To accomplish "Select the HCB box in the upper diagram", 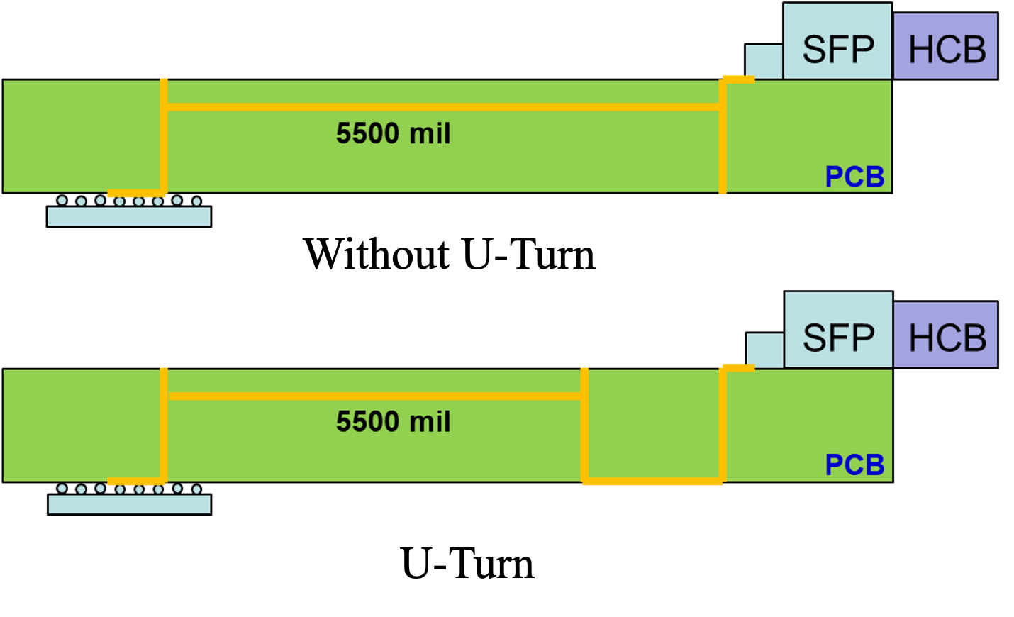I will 946,47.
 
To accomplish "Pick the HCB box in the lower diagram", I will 946,335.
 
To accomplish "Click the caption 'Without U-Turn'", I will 450,254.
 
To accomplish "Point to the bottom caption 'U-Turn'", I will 467,564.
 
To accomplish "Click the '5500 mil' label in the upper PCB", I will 393,133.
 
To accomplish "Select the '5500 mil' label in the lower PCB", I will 393,422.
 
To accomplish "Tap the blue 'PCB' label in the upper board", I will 854,177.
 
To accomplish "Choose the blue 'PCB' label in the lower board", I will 854,465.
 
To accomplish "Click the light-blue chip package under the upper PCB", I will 129,217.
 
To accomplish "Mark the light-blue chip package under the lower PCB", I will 129,504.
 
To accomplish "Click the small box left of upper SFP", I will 764,61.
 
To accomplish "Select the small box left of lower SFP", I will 764,350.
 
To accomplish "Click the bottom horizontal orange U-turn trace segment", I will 652,482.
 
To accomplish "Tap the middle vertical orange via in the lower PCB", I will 584,426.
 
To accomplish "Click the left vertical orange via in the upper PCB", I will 164,135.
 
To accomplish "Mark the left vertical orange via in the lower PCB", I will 164,424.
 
